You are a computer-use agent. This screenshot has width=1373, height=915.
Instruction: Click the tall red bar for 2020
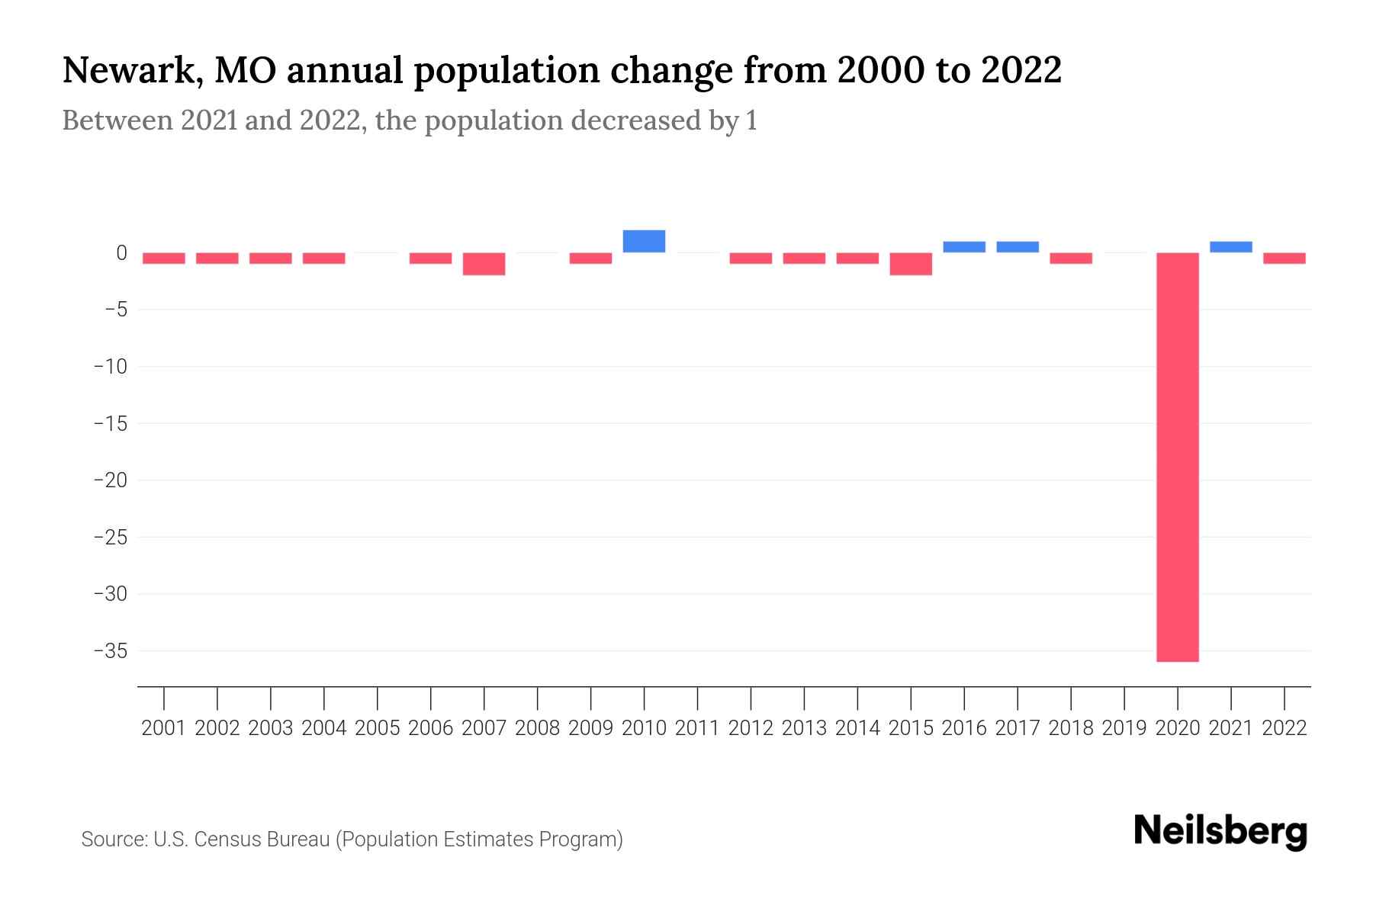tap(1177, 457)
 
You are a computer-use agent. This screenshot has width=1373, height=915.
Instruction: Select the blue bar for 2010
tap(644, 241)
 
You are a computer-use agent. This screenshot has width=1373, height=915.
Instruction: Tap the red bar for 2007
tap(484, 264)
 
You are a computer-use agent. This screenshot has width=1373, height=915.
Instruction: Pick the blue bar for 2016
tap(964, 247)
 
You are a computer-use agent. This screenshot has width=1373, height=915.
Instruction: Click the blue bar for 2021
tap(1230, 247)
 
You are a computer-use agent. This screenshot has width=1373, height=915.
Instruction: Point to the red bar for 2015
tap(911, 264)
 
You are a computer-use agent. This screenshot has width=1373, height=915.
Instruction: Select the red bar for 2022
tap(1284, 258)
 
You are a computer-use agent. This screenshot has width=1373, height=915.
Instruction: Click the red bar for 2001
tap(164, 258)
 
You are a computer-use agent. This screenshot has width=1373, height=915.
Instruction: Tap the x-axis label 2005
tap(378, 728)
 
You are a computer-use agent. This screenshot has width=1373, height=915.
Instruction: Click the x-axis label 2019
tap(1124, 728)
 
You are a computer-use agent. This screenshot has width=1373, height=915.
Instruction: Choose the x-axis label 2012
tap(751, 728)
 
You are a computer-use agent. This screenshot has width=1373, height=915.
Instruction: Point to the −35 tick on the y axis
tap(110, 650)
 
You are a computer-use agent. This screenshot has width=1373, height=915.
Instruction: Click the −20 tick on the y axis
tap(110, 480)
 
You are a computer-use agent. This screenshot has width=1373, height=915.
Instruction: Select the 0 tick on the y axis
tap(121, 252)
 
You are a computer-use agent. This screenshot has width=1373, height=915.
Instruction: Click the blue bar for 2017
tap(1018, 247)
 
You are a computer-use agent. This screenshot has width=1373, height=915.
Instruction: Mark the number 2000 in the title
tap(879, 71)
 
